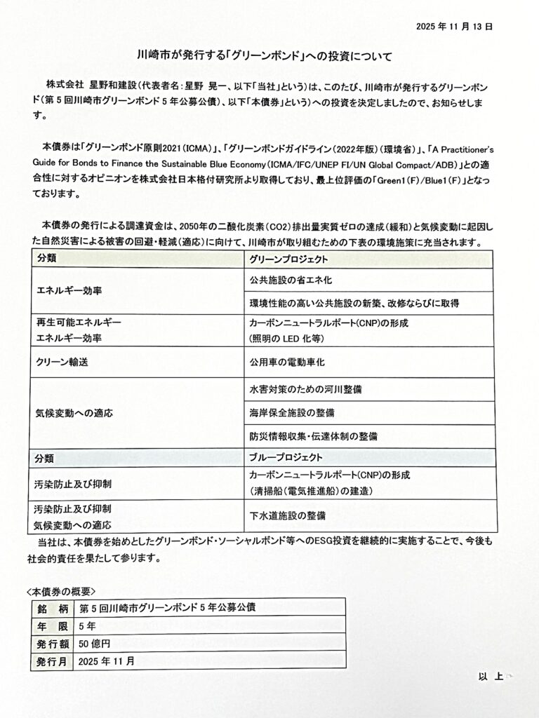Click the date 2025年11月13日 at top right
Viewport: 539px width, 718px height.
[x=454, y=26]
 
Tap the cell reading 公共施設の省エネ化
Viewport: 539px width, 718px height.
[x=291, y=280]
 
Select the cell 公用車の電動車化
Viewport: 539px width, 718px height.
[x=287, y=363]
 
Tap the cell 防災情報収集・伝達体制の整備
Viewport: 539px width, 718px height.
[x=313, y=435]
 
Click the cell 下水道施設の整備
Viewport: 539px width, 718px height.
[x=287, y=516]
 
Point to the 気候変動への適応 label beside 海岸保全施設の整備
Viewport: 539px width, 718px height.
[x=74, y=412]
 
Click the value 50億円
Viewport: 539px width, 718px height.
[x=95, y=642]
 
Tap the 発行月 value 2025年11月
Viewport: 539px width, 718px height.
[x=107, y=661]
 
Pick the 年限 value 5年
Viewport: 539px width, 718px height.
[x=88, y=625]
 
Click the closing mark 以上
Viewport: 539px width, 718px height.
[x=491, y=677]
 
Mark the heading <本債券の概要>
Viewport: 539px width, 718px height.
[x=60, y=590]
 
